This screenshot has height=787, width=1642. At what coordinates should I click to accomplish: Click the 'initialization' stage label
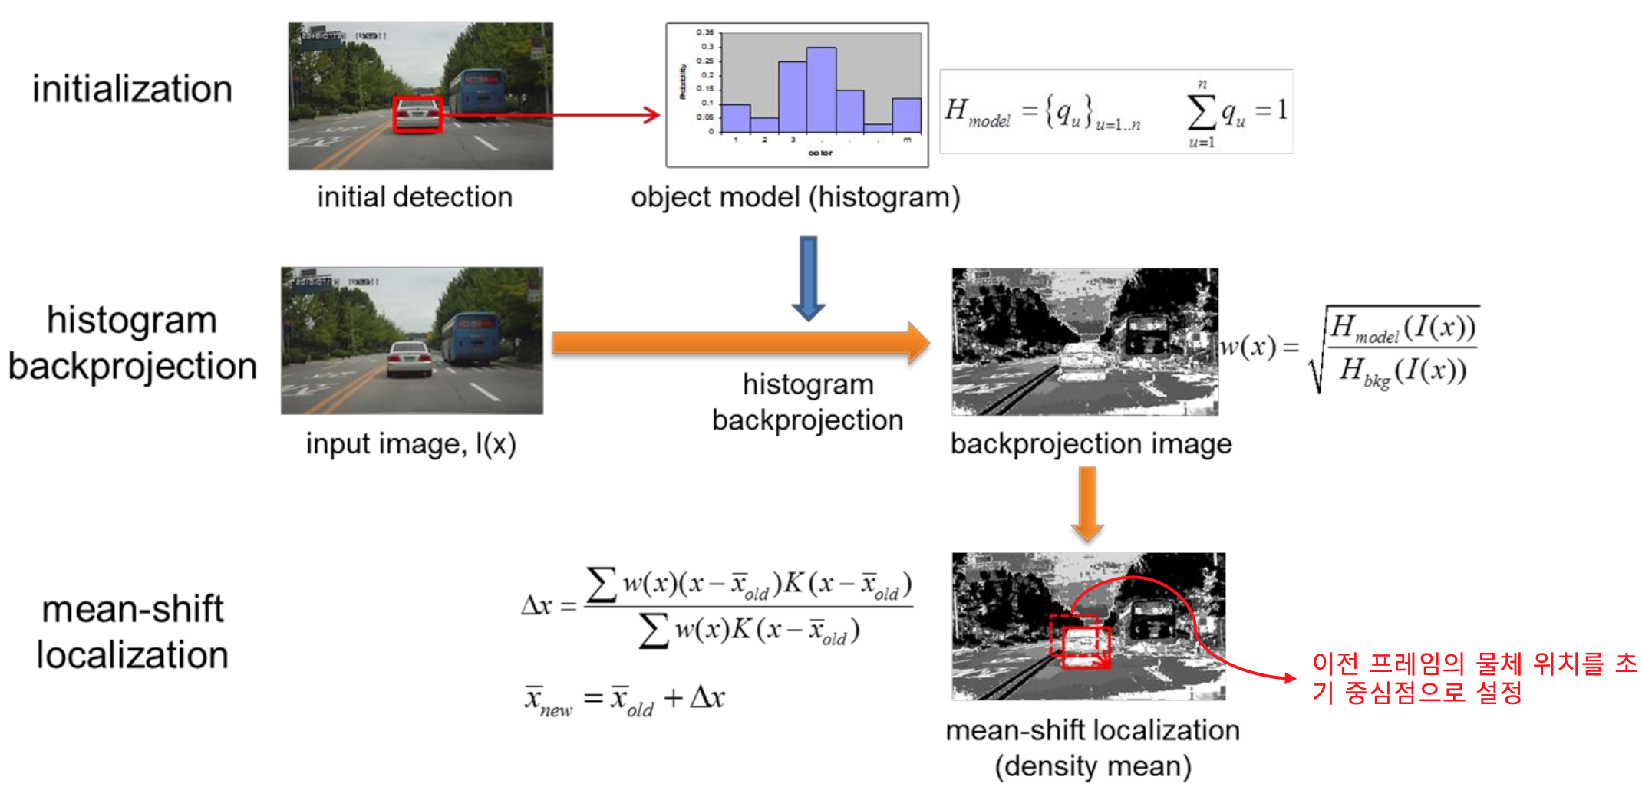pyautogui.click(x=132, y=89)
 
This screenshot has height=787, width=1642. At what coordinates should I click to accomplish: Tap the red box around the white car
pyautogui.click(x=417, y=114)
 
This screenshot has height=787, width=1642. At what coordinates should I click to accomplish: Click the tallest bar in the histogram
pyautogui.click(x=820, y=90)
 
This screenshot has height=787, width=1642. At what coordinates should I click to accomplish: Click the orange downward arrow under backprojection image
pyautogui.click(x=1087, y=503)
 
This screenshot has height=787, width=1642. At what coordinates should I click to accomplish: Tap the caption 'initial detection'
pyautogui.click(x=414, y=197)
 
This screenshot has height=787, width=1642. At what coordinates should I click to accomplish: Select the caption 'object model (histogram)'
pyautogui.click(x=795, y=197)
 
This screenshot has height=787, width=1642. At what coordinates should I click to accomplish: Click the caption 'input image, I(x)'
pyautogui.click(x=410, y=443)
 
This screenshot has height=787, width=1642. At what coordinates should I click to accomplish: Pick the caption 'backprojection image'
pyautogui.click(x=1090, y=443)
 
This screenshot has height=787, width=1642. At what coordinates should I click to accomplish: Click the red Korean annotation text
pyautogui.click(x=1473, y=677)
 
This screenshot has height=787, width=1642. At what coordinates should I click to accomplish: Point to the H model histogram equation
pyautogui.click(x=1116, y=112)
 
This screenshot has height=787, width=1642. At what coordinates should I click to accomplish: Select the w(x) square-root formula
pyautogui.click(x=1350, y=348)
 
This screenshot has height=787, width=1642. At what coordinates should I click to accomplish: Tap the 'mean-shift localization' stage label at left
pyautogui.click(x=132, y=632)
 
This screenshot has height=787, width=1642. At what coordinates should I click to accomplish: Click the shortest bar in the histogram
pyautogui.click(x=878, y=128)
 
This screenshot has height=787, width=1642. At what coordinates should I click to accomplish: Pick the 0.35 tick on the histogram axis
pyautogui.click(x=704, y=32)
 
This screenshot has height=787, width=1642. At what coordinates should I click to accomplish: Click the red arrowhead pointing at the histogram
pyautogui.click(x=652, y=115)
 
